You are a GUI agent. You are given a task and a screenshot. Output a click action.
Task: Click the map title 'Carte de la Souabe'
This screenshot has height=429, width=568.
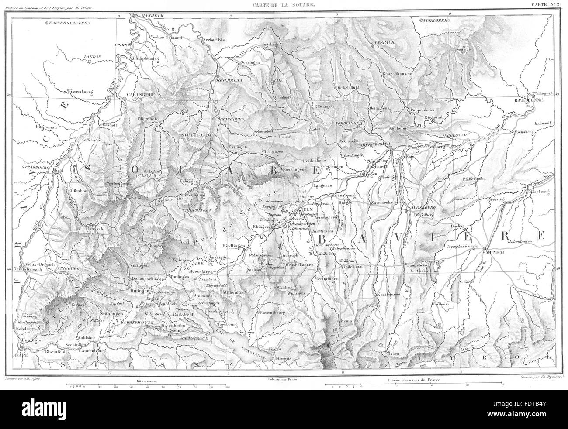tap(284, 5)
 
